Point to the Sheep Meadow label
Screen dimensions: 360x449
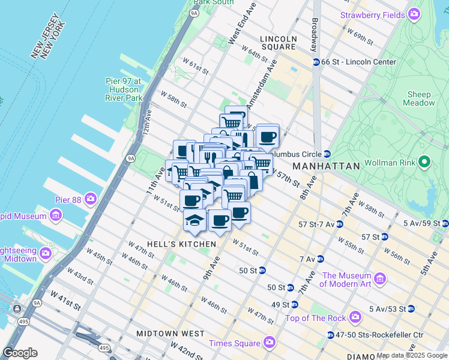(419, 99)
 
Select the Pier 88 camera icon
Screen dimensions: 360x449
(91, 198)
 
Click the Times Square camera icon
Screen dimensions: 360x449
(269, 343)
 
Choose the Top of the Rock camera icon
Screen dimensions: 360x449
(355, 317)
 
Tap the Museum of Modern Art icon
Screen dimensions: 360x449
(379, 279)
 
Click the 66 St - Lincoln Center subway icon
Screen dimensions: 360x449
(315, 62)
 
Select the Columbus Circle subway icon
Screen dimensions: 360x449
(327, 153)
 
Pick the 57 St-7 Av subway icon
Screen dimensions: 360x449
(339, 224)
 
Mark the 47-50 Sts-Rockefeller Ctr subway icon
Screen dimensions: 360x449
(331, 335)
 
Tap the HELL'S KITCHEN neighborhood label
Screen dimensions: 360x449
(172, 244)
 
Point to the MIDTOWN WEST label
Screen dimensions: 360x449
(170, 333)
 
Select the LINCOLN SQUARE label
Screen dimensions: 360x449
(278, 43)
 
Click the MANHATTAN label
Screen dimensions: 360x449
(325, 166)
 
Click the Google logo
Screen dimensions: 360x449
(20, 353)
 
